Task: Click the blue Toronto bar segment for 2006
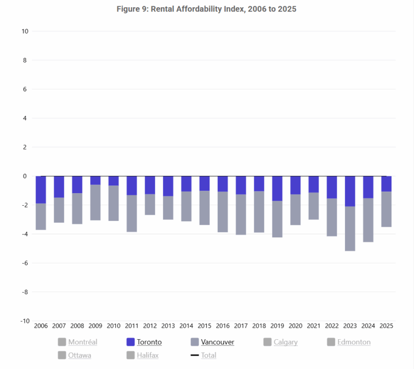pos(41,190)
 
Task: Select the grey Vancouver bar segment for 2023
pos(350,229)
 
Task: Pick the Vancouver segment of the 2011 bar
pos(131,213)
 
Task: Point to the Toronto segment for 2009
pos(95,180)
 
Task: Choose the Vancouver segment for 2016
pos(223,212)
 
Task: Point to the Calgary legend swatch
pos(268,342)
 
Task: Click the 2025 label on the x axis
pos(386,326)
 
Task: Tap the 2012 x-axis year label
pos(150,326)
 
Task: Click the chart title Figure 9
pos(207,9)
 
